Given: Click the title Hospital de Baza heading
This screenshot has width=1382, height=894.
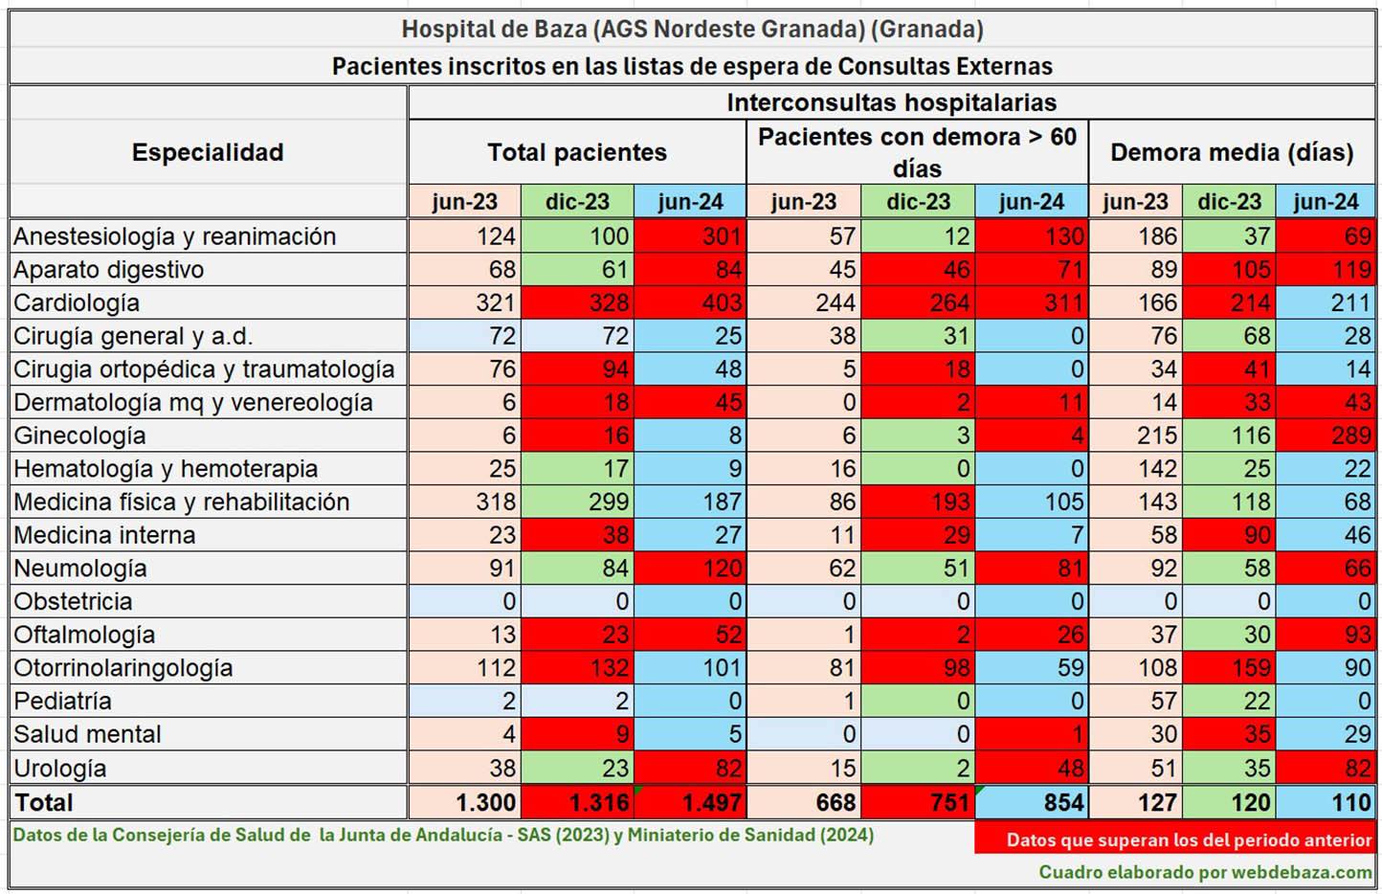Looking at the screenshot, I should coord(692,29).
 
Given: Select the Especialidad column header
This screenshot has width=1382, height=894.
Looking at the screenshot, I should coord(208,152).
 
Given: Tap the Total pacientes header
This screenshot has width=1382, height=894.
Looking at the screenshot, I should coord(576,152).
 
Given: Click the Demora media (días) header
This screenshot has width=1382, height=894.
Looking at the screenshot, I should coord(1231,152).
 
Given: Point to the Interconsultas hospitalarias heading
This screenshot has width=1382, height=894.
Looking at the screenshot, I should coord(891,102).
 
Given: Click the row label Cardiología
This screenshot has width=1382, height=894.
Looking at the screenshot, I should coord(77,303).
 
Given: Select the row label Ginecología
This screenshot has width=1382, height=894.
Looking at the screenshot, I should coord(79,436).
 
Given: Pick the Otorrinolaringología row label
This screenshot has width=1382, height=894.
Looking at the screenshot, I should coord(123,668).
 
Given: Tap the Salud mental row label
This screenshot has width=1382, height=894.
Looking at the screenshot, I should coord(87,734).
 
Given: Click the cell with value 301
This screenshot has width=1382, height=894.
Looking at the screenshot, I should coord(690,236).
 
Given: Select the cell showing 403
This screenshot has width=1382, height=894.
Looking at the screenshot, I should coord(690,303).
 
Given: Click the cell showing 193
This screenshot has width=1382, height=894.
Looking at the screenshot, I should coord(918,503).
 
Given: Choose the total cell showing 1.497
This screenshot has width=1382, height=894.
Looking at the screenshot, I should coord(690,802).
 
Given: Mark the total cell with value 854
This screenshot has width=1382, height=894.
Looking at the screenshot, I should coord(1032,802).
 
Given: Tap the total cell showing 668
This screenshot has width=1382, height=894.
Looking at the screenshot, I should coord(804,802).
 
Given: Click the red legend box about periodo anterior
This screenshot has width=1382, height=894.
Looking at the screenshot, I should coord(1175,839).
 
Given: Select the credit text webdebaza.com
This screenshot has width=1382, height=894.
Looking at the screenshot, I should coord(1205,872).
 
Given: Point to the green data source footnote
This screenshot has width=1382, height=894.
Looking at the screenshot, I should coord(443,835).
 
